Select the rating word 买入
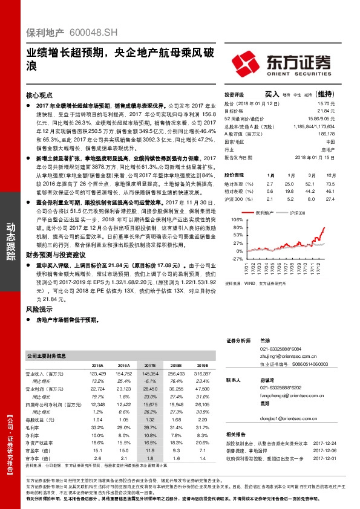pos(272,95)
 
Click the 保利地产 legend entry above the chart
pos(264,213)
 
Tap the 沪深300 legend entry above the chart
pos(296,213)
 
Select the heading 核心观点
pos(40,96)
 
